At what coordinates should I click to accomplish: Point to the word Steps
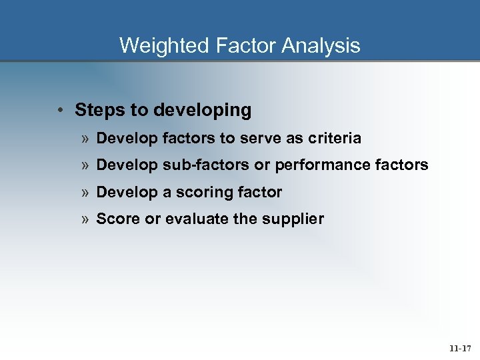coord(96,110)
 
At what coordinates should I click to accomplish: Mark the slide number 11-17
coord(459,348)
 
